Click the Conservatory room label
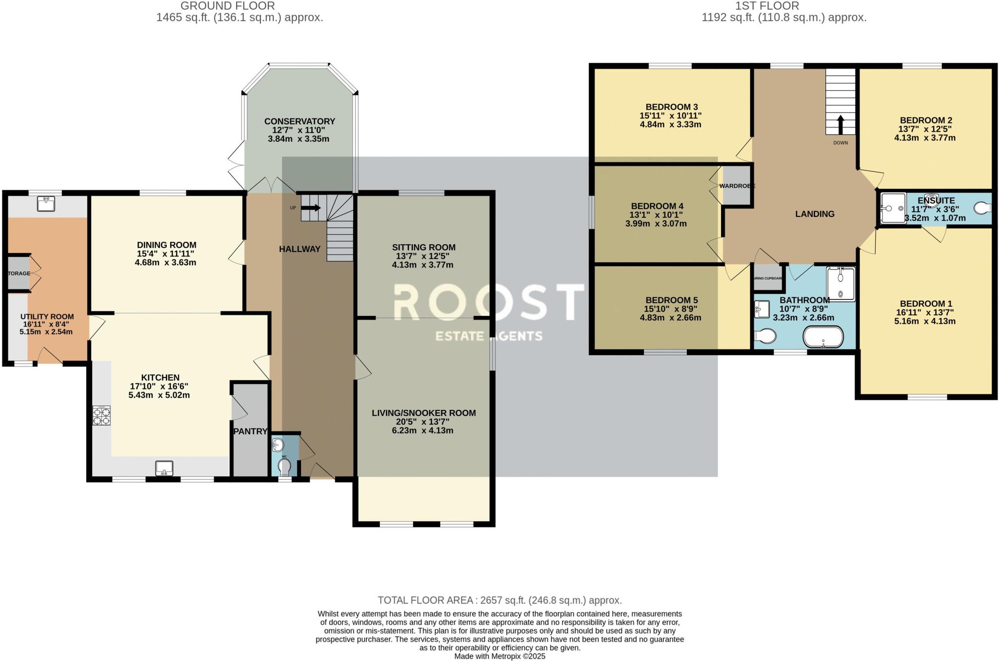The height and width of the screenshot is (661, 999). [x=300, y=121]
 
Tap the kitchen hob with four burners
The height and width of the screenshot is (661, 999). [x=101, y=416]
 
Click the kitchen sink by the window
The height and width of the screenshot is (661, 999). [x=164, y=468]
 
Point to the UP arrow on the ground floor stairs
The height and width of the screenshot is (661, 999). [x=311, y=208]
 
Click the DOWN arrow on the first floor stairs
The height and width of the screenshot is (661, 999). [x=840, y=125]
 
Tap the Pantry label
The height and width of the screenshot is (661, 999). [x=250, y=431]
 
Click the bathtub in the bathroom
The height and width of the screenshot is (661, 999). [x=823, y=337]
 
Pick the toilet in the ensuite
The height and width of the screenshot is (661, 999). [x=982, y=209]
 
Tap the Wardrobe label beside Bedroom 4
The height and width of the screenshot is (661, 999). [x=737, y=186]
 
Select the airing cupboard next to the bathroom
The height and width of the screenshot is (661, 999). [x=768, y=278]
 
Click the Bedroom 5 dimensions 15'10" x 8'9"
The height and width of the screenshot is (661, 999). [x=671, y=309]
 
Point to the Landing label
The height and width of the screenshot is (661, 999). [x=815, y=214]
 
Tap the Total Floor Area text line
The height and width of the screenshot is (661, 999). [x=499, y=601]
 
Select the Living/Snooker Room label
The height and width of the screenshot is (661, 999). [x=423, y=413]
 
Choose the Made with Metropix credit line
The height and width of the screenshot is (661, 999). [x=499, y=657]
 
